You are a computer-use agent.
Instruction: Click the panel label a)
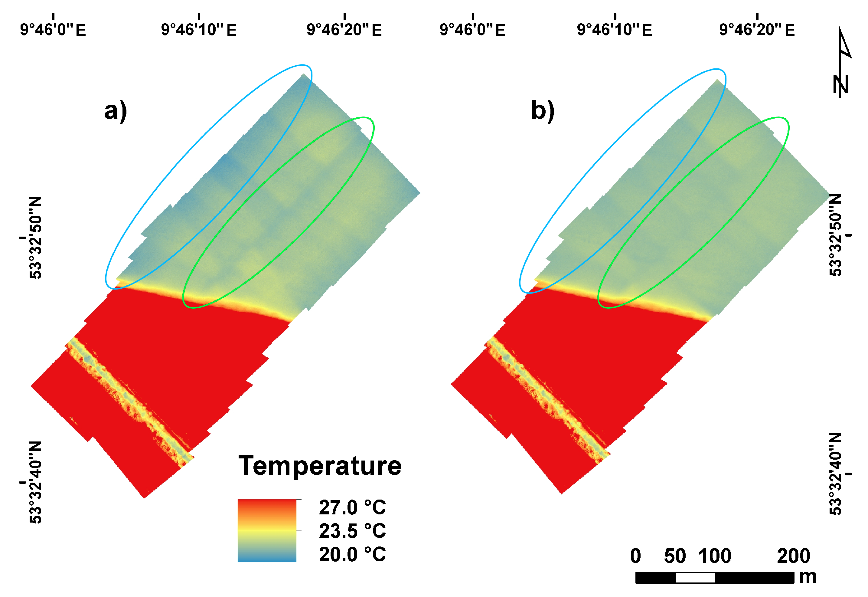pos(116,111)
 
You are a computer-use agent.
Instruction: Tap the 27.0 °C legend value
pos(352,508)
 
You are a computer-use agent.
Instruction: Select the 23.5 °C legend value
pos(352,531)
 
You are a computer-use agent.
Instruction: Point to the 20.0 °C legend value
pos(352,554)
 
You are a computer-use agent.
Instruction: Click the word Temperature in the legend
pos(320,466)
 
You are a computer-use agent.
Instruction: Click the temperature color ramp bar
pos(267,530)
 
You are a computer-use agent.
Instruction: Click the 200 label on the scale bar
pos(793,556)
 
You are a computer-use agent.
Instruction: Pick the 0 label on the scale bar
pos(635,556)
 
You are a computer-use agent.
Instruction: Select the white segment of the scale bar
pos(695,578)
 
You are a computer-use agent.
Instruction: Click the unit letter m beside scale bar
pos(808,577)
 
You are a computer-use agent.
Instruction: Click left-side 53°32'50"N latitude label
pos(35,238)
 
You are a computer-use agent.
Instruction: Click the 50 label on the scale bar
pos(675,556)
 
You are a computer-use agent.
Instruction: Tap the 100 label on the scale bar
pos(715,556)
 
